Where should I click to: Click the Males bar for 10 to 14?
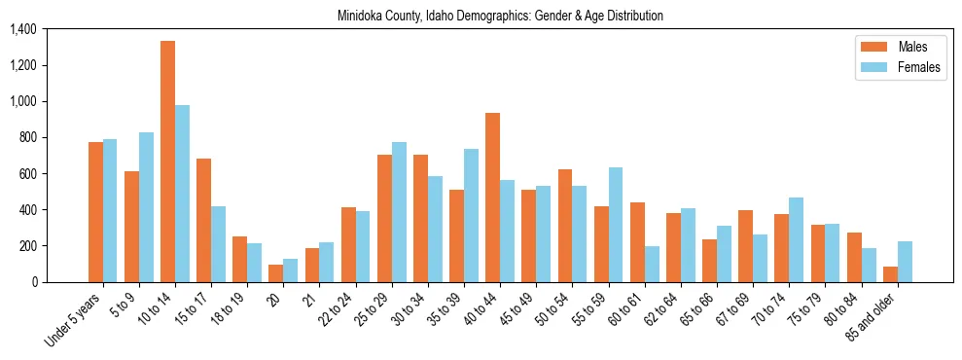click(x=167, y=162)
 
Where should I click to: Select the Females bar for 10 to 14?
click(x=182, y=194)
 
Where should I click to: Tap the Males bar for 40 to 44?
click(x=492, y=198)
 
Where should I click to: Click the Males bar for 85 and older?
click(x=890, y=274)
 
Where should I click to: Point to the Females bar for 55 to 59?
click(x=616, y=225)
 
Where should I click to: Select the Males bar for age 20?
click(x=276, y=273)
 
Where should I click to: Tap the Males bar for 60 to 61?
click(x=637, y=242)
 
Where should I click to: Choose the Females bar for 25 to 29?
click(x=399, y=212)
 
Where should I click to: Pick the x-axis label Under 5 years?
click(x=75, y=320)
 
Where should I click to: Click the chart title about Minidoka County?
click(x=500, y=17)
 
